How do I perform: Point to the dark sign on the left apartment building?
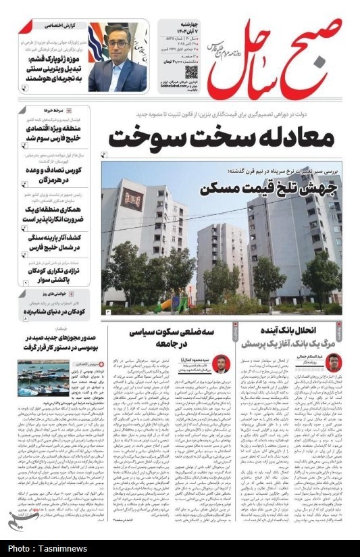click(x=132, y=200)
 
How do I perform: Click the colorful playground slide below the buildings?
click(x=164, y=305)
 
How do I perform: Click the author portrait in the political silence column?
click(x=220, y=365)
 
